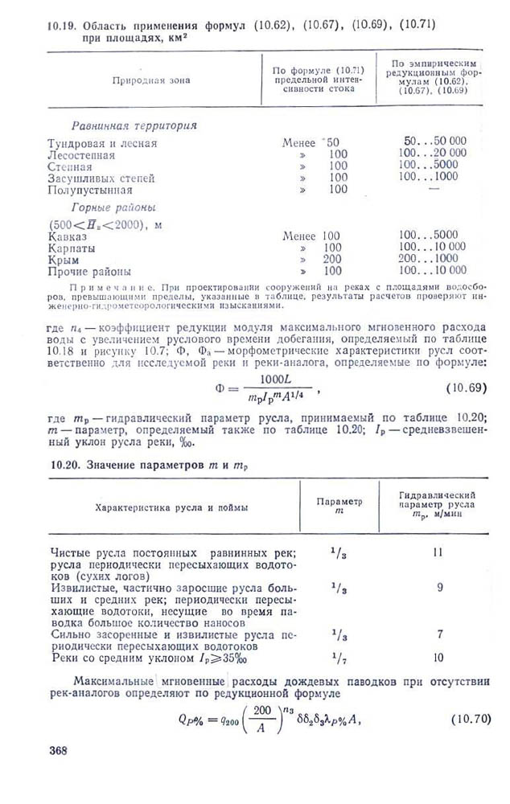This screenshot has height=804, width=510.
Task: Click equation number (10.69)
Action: [x=466, y=388]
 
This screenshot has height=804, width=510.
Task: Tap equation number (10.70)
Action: [x=469, y=717]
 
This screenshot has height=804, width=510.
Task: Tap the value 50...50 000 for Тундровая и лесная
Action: [x=434, y=142]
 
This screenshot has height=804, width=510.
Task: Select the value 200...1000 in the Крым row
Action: [x=432, y=260]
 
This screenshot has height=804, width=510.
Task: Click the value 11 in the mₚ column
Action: [x=438, y=553]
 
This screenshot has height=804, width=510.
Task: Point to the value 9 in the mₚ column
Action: [x=440, y=588]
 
